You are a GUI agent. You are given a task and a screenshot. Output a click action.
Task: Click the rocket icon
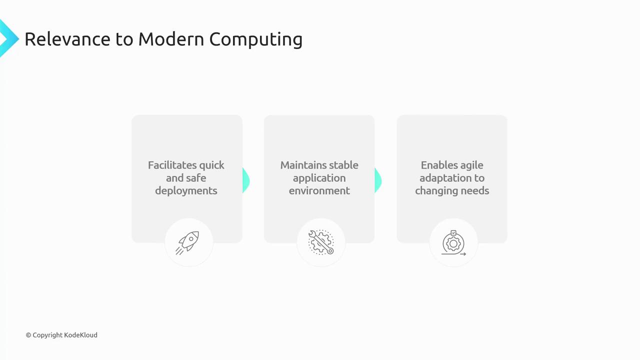point(188,242)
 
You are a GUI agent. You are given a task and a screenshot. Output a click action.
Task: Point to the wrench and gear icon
point(321,242)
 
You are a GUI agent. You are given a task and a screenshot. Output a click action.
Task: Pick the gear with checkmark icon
point(453,243)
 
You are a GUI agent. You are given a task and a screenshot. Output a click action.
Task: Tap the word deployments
point(186,190)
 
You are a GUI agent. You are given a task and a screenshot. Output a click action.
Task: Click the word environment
point(319,190)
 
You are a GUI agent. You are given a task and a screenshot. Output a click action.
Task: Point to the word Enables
point(438,165)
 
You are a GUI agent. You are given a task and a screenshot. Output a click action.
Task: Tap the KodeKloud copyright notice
point(61,335)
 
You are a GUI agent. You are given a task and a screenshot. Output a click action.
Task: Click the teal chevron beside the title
point(8,38)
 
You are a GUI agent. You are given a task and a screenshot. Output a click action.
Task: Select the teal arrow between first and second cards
point(246,180)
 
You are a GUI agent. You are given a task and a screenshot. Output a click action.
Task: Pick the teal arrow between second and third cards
point(378,180)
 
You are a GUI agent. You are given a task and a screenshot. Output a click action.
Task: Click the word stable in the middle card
point(343,165)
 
